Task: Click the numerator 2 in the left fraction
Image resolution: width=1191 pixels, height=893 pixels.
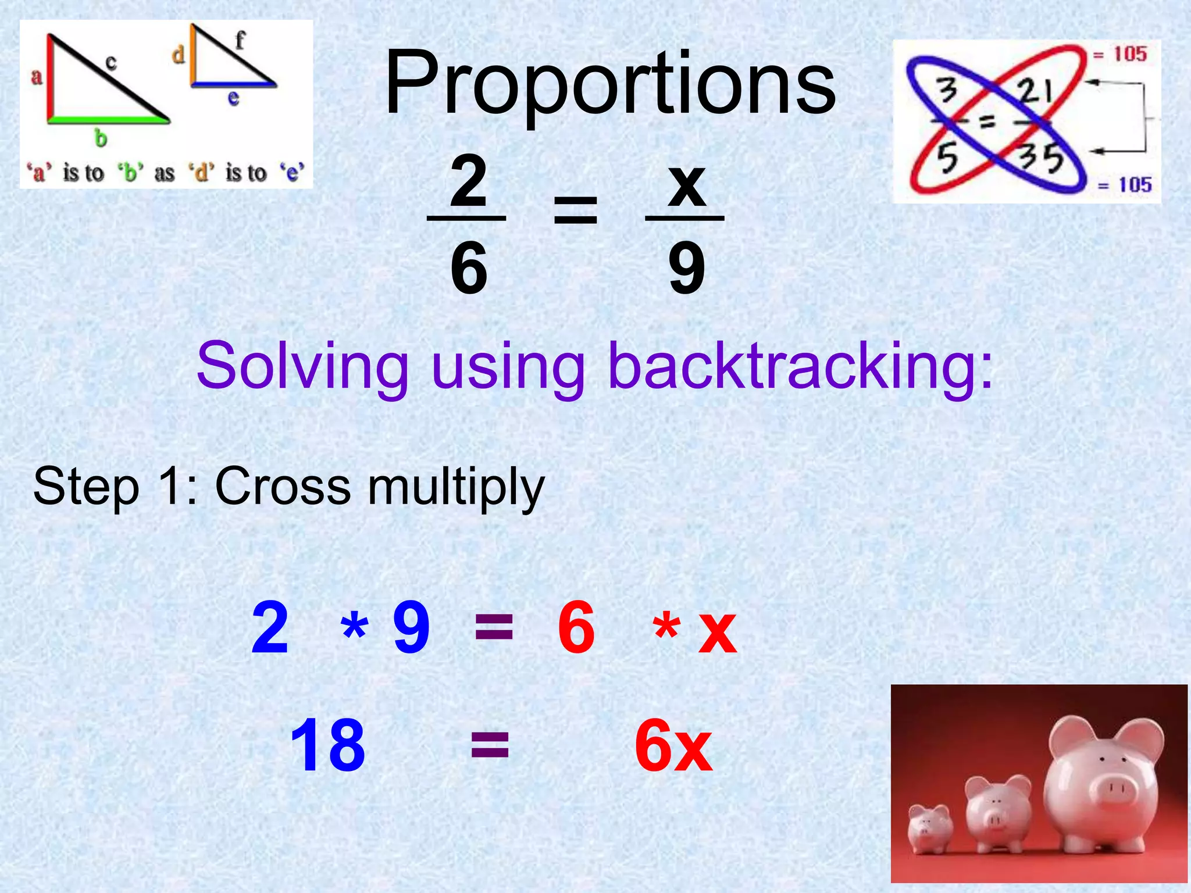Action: click(468, 183)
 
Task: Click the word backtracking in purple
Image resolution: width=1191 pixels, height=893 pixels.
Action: click(800, 366)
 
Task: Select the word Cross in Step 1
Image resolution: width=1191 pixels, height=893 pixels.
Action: click(283, 486)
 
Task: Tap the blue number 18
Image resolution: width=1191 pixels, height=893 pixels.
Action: click(327, 745)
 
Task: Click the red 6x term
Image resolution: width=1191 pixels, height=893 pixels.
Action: click(673, 745)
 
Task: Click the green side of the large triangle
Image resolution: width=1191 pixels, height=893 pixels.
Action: click(108, 120)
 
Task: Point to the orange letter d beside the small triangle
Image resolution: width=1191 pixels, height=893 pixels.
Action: click(179, 55)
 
